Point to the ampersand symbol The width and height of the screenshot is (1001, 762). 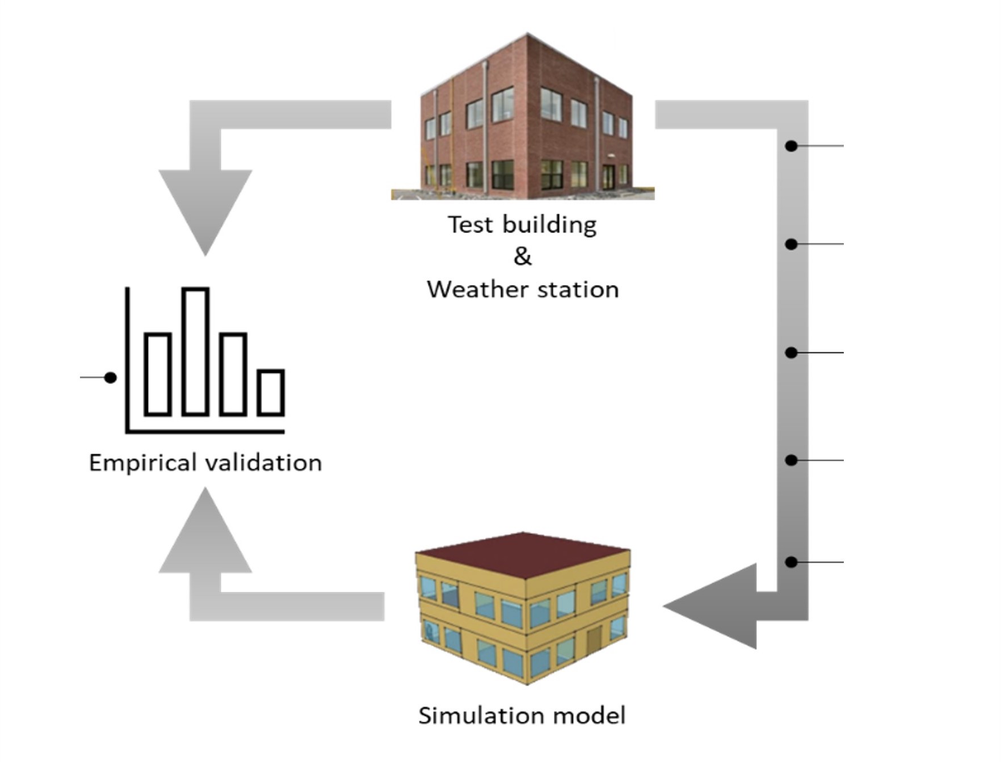point(523,256)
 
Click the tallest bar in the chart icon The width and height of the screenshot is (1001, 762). point(196,351)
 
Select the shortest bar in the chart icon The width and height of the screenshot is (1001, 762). point(271,392)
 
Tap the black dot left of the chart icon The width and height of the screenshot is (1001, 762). point(111,377)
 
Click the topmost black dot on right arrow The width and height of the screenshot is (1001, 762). point(791,146)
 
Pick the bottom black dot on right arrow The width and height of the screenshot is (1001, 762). point(791,562)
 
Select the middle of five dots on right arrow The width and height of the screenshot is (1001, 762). point(791,353)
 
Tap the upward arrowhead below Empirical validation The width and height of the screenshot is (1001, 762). point(205,531)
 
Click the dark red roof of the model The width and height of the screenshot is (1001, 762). point(523,554)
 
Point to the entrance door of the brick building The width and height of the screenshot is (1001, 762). point(608,176)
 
